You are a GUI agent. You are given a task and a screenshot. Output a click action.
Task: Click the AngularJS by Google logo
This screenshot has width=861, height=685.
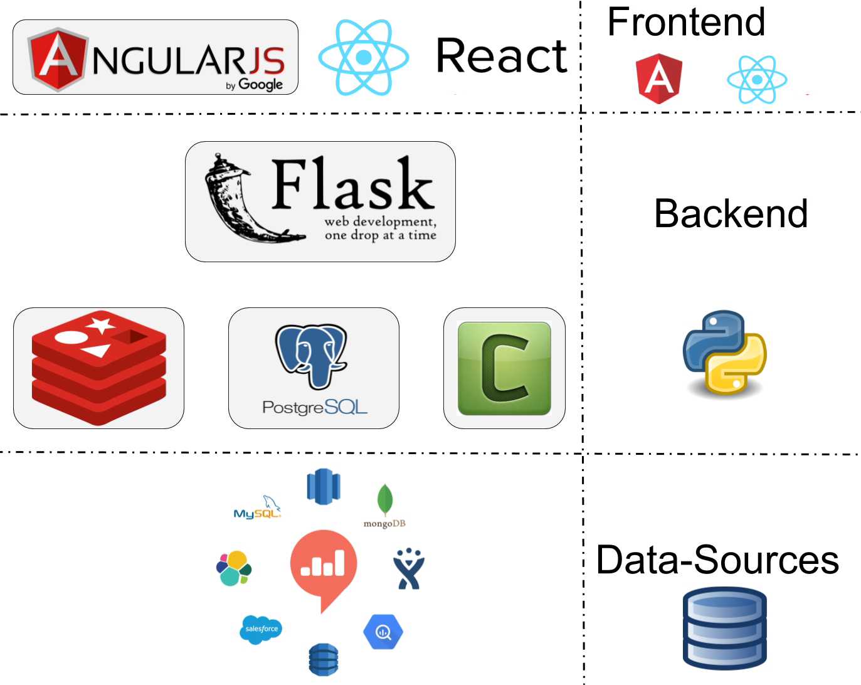pos(156,58)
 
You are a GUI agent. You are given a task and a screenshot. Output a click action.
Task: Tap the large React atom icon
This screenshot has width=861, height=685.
pos(364,58)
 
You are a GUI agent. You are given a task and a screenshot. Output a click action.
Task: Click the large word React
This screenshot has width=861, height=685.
pos(502,56)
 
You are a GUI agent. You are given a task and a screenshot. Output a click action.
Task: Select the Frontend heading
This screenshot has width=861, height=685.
pos(686,23)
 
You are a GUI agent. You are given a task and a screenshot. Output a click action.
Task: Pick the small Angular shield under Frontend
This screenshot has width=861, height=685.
pos(659,78)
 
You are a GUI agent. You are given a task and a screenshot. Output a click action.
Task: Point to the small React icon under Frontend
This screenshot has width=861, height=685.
pos(757,80)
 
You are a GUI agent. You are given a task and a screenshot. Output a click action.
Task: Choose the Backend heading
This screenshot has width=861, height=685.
pos(731,214)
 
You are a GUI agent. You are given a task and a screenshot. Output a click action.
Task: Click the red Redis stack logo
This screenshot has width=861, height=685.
pos(99,368)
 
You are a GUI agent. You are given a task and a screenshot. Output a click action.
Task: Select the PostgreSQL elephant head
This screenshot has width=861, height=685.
pos(311,355)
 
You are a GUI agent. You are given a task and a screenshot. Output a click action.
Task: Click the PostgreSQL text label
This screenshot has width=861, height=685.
pos(314,408)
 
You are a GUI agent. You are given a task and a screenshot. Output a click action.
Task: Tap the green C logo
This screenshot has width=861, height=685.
pos(504,368)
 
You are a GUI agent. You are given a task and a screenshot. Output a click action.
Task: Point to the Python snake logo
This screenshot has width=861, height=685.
pos(724,353)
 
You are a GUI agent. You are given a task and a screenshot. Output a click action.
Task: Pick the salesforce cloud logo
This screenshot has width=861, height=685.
pos(261,629)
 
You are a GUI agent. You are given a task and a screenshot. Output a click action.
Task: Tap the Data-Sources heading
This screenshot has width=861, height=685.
pos(717,560)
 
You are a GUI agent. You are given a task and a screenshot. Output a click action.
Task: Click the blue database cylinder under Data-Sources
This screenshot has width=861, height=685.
pos(724,629)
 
